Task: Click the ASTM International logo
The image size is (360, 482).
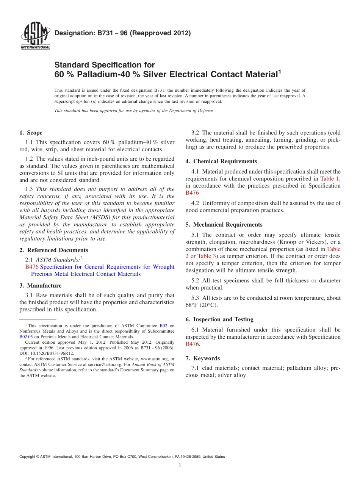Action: [35, 36]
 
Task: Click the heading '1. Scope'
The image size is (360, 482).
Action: [31, 133]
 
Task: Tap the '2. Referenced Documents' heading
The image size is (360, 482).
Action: [53, 250]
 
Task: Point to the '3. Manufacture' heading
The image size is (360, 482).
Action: [40, 285]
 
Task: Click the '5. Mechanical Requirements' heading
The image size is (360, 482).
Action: [224, 225]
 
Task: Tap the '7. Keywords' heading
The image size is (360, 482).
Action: [202, 358]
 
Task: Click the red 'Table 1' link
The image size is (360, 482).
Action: [330, 178]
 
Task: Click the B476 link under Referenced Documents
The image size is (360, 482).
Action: [32, 267]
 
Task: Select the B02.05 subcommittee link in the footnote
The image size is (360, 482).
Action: [26, 336]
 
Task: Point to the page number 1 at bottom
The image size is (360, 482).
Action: [180, 465]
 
